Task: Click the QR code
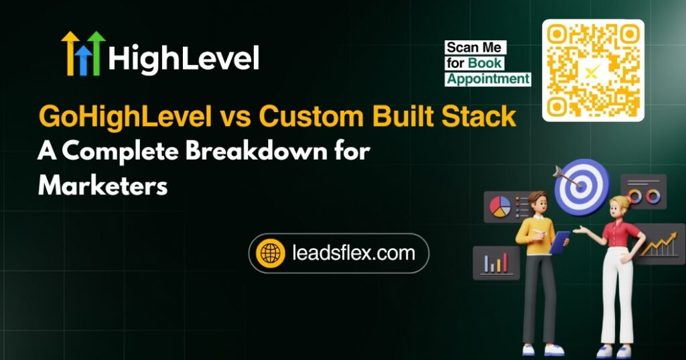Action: coord(593,70)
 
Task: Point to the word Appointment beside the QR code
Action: coord(488,79)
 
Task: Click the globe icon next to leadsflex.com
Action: coord(271,253)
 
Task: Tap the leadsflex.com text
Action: coord(354,253)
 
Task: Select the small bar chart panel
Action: coord(496,261)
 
